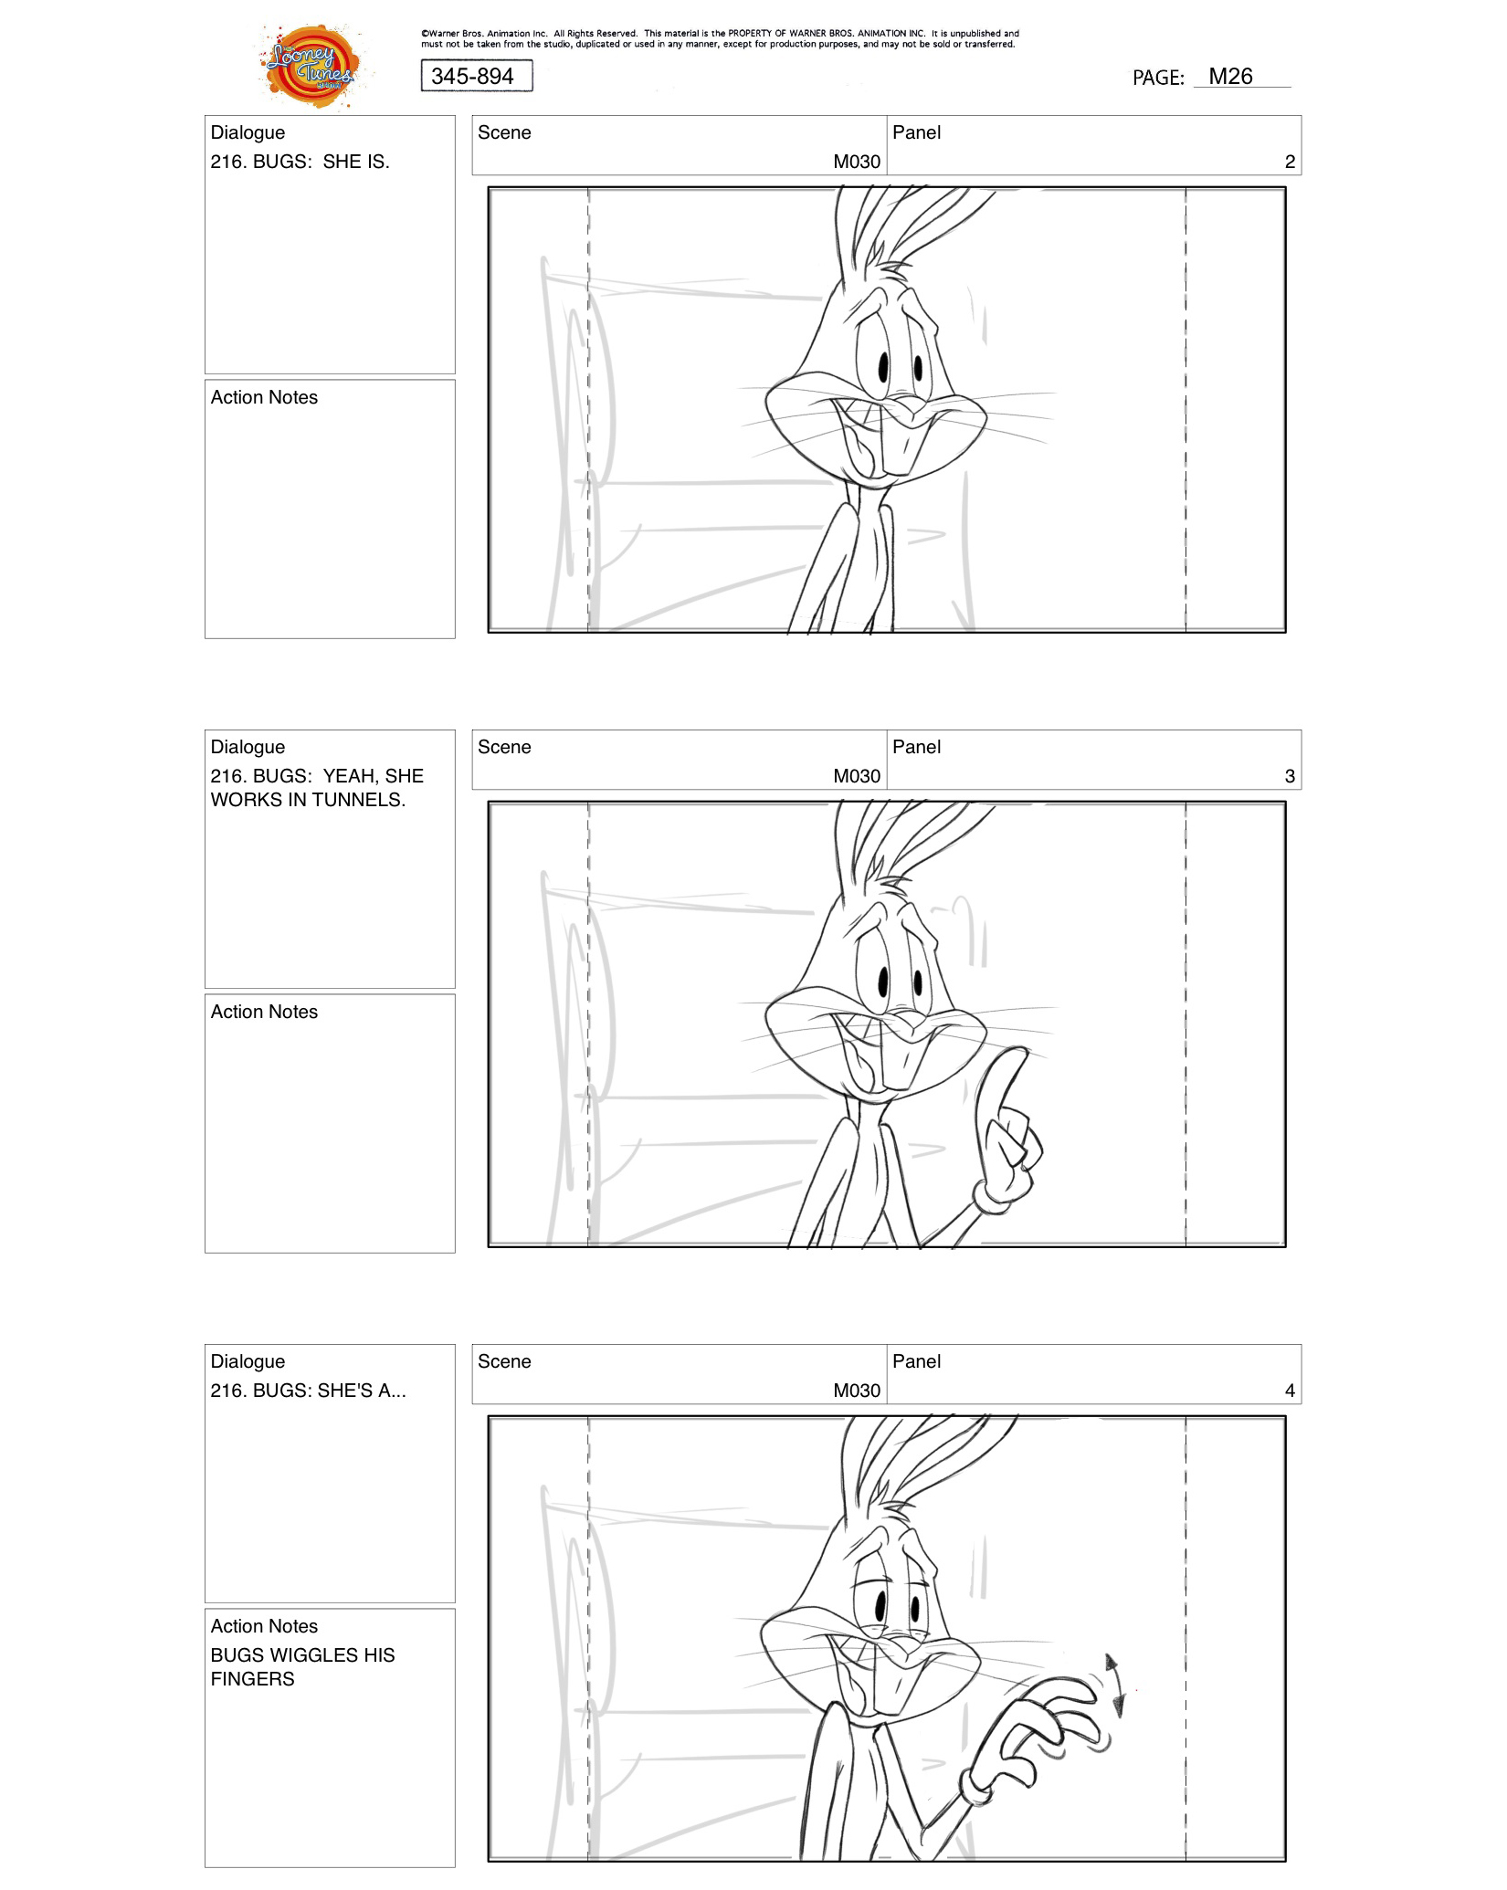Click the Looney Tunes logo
coord(311,67)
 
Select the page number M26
coord(1230,77)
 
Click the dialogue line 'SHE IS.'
coord(300,162)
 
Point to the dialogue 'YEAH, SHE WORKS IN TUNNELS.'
coord(316,788)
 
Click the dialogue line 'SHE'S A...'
coord(308,1391)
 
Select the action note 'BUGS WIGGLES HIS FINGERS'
coord(302,1666)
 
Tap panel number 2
coord(1289,162)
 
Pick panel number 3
coord(1289,776)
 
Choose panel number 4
coord(1289,1391)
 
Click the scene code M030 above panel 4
coord(856,1391)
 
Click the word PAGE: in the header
coord(1157,78)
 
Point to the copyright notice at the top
coord(719,38)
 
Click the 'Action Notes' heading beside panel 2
coord(264,397)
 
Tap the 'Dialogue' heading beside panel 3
coord(248,747)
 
